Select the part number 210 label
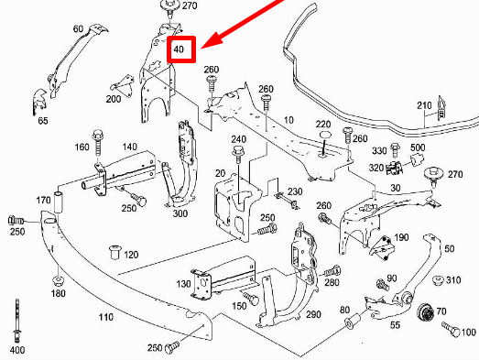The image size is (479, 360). (x=423, y=106)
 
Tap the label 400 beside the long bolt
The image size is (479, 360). (x=18, y=351)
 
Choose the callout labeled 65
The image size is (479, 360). (x=43, y=119)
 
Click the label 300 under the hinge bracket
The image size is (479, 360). (x=180, y=213)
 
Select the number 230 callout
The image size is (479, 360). (x=294, y=191)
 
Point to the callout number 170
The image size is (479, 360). (x=43, y=200)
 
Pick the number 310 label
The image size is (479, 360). (x=452, y=279)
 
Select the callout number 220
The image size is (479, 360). (x=323, y=125)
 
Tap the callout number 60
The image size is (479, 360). (x=76, y=29)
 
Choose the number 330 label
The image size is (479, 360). (x=379, y=150)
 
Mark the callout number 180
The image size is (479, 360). (x=59, y=293)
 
